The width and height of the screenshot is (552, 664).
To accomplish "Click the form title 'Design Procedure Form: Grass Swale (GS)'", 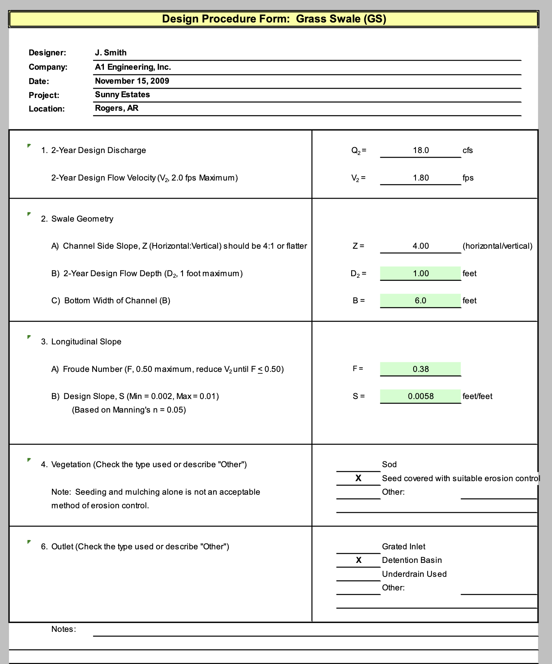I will [274, 19].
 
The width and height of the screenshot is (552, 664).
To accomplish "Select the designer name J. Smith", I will [111, 53].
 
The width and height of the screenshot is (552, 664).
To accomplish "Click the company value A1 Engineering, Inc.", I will [133, 67].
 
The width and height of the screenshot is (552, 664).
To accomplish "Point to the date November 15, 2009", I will [132, 81].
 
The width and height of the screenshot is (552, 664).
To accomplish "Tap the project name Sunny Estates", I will [122, 95].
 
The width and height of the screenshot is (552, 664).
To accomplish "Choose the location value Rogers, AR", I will [117, 108].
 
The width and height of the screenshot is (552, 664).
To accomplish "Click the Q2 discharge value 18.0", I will [421, 150].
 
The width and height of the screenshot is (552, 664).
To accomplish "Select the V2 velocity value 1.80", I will [421, 178].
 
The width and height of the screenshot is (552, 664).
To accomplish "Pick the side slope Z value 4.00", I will [421, 246].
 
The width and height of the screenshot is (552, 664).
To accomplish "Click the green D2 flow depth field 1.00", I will [421, 274].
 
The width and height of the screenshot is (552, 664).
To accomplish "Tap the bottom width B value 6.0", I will [421, 301].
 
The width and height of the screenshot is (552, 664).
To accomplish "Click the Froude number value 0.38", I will [421, 369].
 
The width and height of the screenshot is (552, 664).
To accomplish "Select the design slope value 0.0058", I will [421, 396].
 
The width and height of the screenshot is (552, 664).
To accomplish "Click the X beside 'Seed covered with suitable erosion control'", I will [359, 478].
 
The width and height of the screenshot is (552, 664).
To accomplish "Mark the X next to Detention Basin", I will [359, 560].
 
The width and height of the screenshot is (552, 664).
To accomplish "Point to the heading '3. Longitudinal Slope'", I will [81, 342].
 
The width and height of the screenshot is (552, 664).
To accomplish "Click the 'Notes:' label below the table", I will [64, 629].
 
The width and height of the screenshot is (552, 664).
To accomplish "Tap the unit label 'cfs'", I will [467, 150].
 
